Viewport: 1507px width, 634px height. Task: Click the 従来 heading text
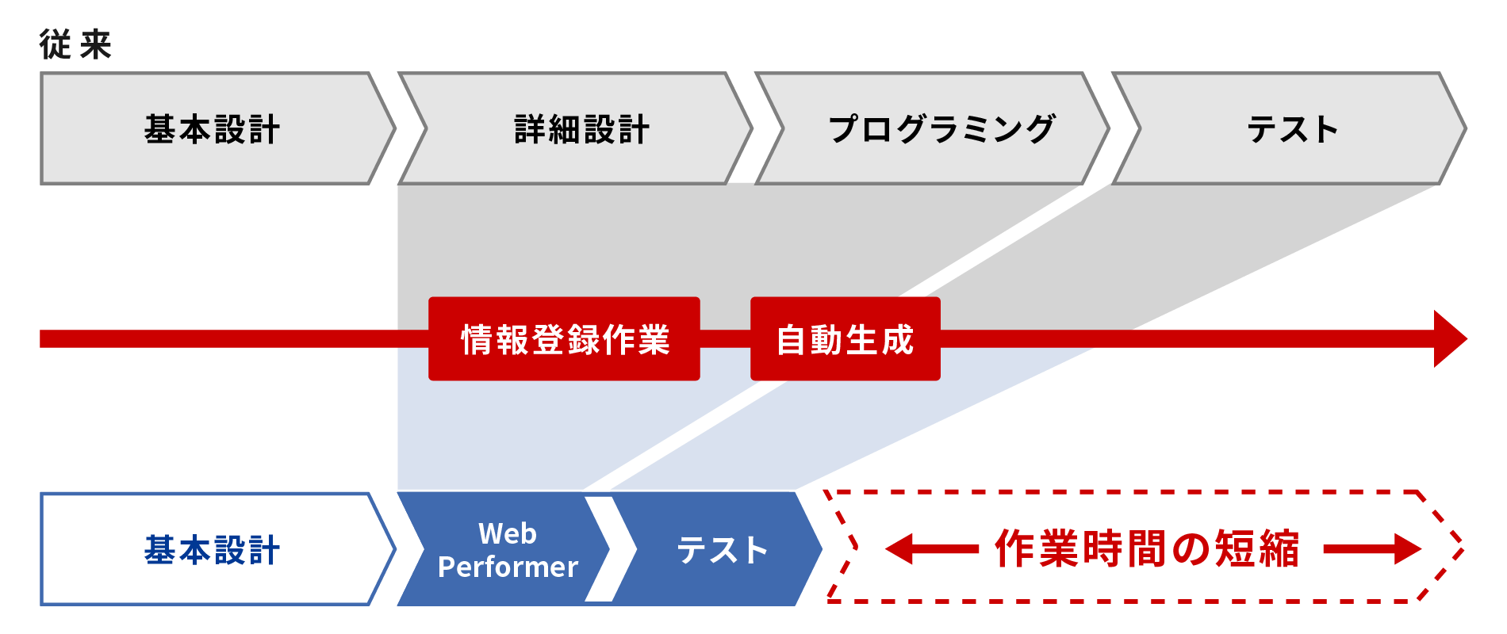tap(75, 44)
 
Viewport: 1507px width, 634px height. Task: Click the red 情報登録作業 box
tap(564, 339)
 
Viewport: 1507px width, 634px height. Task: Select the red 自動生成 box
tap(845, 339)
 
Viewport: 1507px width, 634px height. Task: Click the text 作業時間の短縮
tap(1147, 548)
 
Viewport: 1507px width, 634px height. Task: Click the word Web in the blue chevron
tap(508, 533)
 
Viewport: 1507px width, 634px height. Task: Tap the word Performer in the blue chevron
tap(508, 567)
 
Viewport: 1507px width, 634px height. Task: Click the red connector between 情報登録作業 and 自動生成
tap(725, 339)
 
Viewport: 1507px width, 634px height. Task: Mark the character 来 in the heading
tap(96, 44)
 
